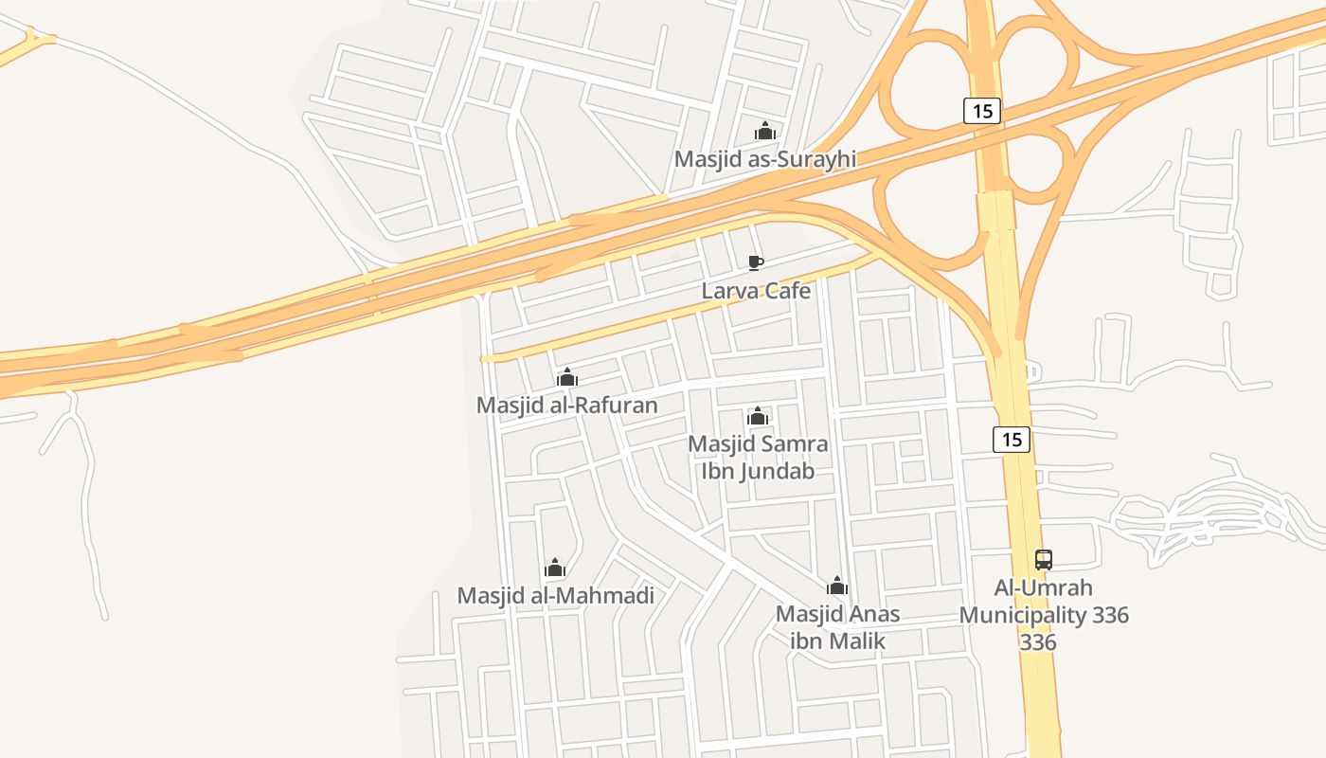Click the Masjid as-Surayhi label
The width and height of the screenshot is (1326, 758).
click(764, 159)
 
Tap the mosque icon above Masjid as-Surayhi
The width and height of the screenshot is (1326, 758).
click(764, 131)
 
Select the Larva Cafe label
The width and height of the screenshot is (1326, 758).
click(756, 291)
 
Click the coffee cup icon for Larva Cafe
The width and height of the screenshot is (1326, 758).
click(755, 262)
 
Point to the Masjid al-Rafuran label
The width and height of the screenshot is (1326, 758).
click(566, 406)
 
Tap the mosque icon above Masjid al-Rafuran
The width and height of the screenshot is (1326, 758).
click(567, 377)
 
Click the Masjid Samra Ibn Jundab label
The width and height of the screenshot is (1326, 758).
click(758, 457)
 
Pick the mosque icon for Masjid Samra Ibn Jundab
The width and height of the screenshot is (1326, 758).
click(757, 416)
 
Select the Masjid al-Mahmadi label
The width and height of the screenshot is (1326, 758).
click(555, 596)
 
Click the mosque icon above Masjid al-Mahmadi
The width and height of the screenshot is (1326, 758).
click(555, 568)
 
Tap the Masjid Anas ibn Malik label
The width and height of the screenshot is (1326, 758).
click(837, 627)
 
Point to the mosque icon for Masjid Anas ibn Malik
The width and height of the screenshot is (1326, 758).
click(837, 585)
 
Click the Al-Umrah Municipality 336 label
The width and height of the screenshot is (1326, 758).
click(1044, 615)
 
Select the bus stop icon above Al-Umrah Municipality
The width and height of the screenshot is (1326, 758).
click(1044, 559)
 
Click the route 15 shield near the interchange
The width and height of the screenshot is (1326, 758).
click(982, 111)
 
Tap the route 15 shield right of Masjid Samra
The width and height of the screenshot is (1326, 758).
click(1012, 440)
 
